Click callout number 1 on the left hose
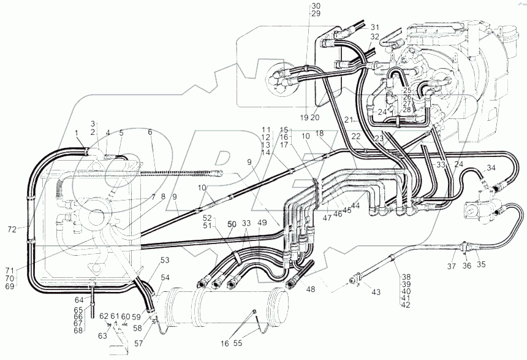pyautogui.click(x=77, y=133)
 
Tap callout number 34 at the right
pyautogui.click(x=490, y=168)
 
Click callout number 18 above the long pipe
pyautogui.click(x=319, y=133)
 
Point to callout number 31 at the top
pyautogui.click(x=374, y=28)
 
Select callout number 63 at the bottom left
pyautogui.click(x=102, y=335)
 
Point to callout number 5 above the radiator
pyautogui.click(x=121, y=133)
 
